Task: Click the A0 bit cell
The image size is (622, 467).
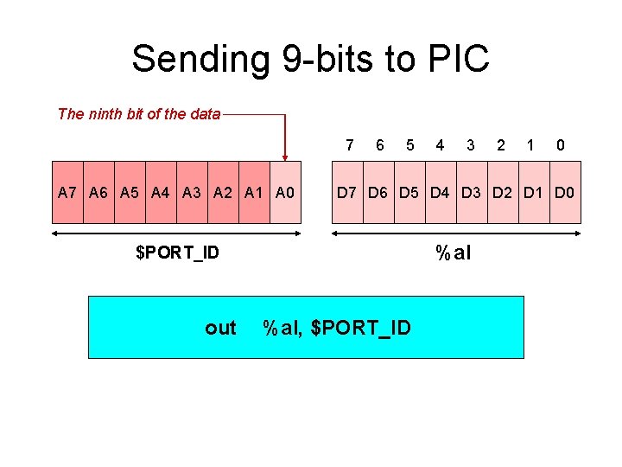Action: (286, 192)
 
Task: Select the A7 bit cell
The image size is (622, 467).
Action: (68, 192)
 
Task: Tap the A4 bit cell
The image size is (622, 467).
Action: (161, 192)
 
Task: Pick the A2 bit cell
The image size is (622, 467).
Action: (224, 192)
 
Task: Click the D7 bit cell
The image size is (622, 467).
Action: (347, 192)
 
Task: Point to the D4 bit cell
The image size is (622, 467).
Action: (441, 192)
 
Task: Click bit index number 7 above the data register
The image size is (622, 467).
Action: (349, 145)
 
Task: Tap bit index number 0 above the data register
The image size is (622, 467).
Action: (561, 145)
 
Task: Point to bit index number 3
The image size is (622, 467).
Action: (470, 145)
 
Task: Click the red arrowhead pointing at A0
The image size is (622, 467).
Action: (285, 154)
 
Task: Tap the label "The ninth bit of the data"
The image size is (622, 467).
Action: (139, 113)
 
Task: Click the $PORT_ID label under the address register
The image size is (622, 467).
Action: (177, 253)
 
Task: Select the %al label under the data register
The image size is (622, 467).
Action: (454, 253)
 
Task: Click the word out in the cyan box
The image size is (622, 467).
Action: (220, 328)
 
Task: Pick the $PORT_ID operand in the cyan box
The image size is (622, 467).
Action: (360, 328)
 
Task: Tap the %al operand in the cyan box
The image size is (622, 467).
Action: (282, 328)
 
